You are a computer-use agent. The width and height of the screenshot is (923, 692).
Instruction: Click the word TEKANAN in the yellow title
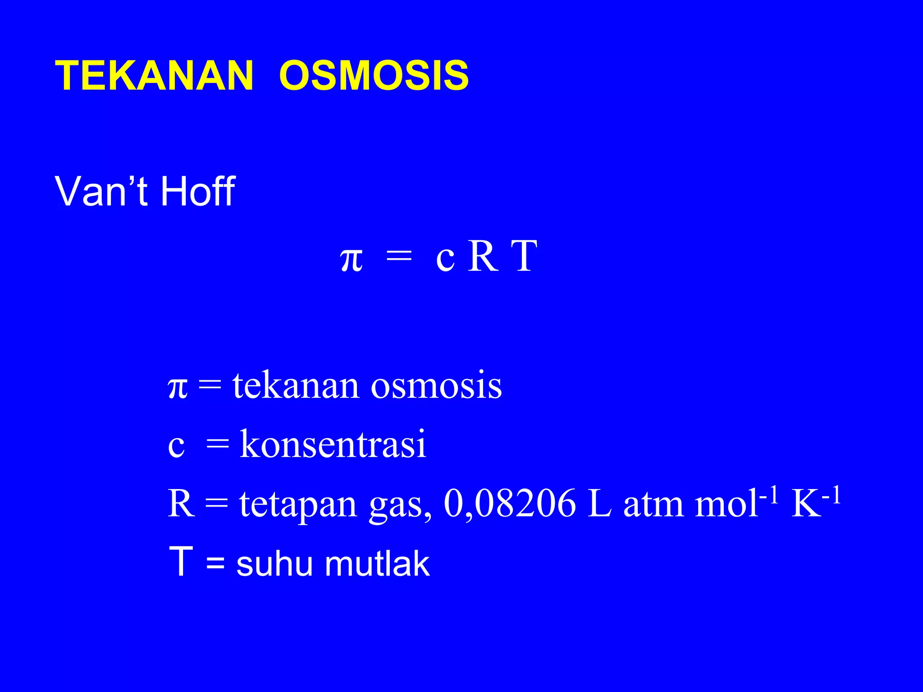click(x=154, y=76)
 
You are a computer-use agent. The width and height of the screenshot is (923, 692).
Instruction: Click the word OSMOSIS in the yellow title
click(x=374, y=76)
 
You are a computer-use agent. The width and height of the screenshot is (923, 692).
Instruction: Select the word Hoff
click(x=197, y=191)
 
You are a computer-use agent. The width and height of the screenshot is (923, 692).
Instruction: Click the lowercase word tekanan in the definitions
click(x=296, y=385)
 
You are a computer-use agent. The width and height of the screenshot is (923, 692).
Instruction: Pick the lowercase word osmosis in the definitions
click(x=436, y=386)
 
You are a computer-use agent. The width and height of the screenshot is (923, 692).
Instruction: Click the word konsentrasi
click(x=333, y=444)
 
